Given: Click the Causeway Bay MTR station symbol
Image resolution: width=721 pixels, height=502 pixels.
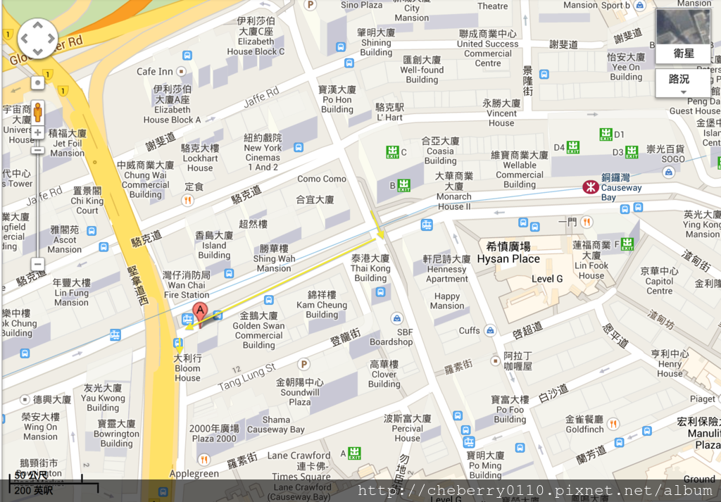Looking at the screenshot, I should coord(590,187).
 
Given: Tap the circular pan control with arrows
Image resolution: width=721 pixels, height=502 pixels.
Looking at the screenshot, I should coord(37,39).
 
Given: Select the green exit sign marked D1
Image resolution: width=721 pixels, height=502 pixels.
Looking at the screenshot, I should coord(606,134).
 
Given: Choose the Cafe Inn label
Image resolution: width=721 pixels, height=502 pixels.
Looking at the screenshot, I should coord(155,71).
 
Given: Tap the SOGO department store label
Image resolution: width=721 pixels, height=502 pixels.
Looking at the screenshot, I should coord(673,159).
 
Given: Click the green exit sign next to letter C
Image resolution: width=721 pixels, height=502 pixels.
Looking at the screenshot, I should coord(392,151).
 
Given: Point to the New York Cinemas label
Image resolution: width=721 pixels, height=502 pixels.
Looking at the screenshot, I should coord(263,153).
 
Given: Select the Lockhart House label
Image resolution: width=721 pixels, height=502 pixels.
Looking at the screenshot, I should coord(200,158).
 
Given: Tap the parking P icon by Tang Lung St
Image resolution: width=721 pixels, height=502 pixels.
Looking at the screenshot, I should coord(303,364).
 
